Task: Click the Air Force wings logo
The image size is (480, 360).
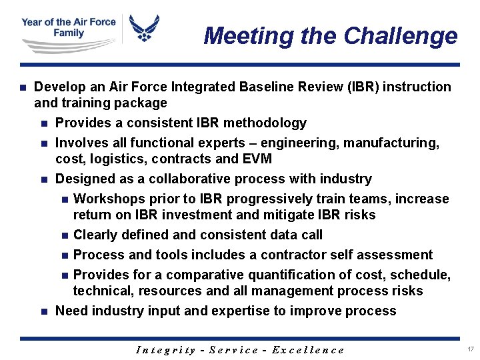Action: point(145,29)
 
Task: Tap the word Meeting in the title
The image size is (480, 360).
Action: point(249,35)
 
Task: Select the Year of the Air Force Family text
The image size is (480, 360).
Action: point(68,27)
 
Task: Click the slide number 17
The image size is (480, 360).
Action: point(471,349)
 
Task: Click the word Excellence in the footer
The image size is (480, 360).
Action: point(309,350)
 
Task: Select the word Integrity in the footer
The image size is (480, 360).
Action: point(165,350)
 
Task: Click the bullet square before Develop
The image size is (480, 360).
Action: point(23,87)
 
